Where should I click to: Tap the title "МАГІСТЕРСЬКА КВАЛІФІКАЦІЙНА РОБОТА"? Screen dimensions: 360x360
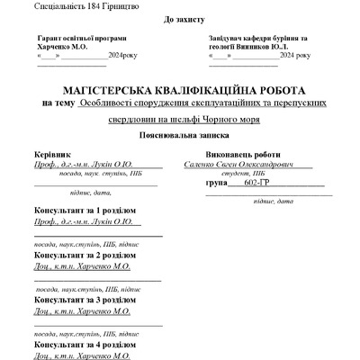click(183, 90)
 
